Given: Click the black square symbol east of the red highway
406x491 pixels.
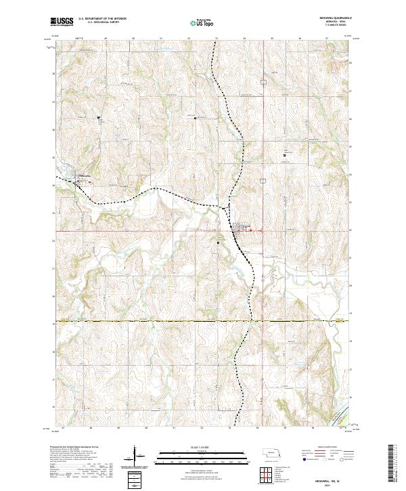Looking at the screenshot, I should click(284, 156).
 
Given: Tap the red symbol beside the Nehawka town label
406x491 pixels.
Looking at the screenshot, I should click(89, 181).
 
